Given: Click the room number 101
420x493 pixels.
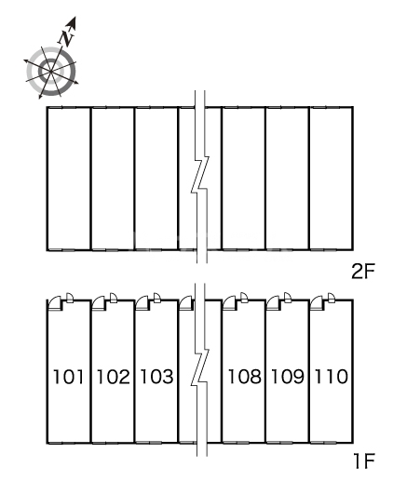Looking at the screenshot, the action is click(x=68, y=377).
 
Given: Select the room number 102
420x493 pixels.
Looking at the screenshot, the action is click(x=113, y=377).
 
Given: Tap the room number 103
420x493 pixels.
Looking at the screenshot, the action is click(x=156, y=377).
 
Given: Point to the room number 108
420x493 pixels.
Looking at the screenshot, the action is click(x=244, y=377).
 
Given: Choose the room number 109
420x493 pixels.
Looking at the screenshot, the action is click(x=288, y=377).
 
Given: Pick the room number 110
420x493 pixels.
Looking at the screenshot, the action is click(x=332, y=377).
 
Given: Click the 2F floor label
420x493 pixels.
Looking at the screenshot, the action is click(x=363, y=272).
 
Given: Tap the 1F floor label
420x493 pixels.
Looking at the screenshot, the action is click(x=364, y=461).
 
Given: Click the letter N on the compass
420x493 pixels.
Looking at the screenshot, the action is click(x=67, y=38).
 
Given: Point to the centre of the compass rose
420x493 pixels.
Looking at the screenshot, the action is click(x=51, y=72).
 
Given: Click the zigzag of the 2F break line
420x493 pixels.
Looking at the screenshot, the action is click(x=200, y=174).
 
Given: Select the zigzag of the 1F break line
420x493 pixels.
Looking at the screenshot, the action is click(x=200, y=367).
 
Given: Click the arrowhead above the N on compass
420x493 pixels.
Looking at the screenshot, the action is click(x=73, y=23).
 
